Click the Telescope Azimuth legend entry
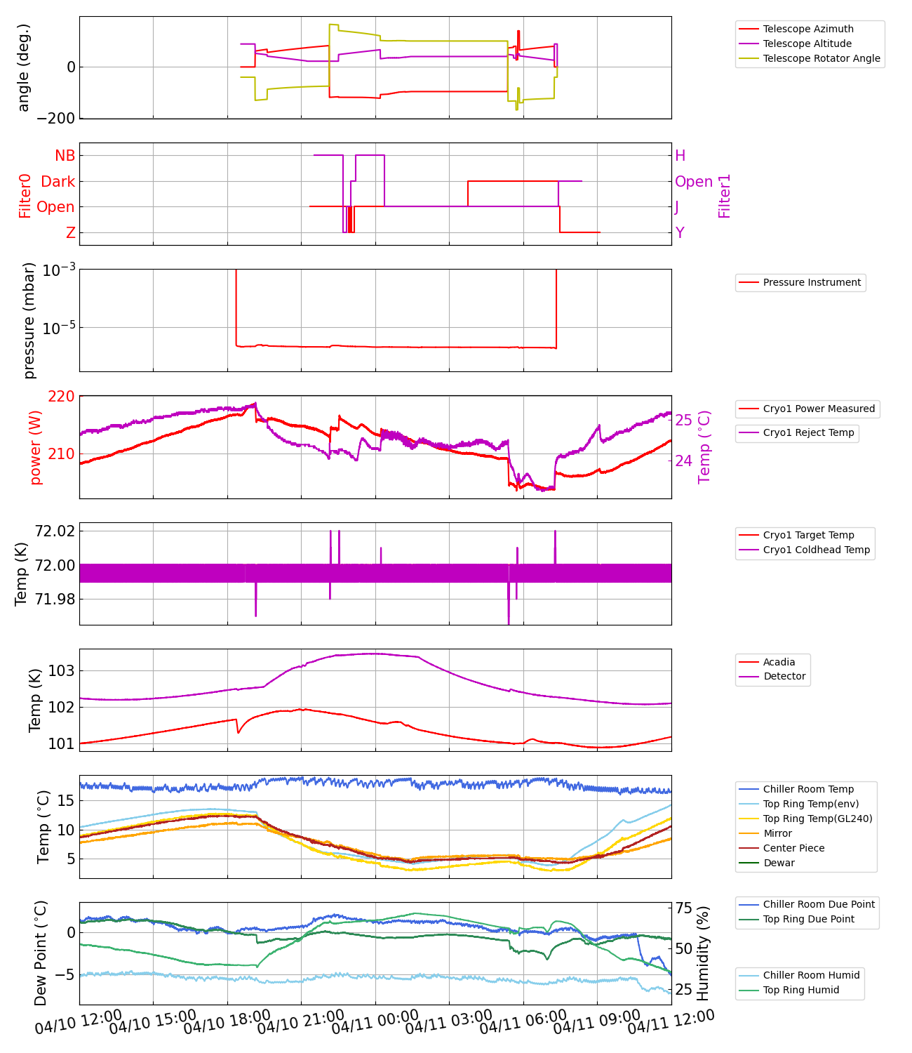pos(808,29)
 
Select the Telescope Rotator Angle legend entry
pos(821,58)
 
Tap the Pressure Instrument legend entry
pos(812,282)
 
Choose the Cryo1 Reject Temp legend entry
pos(808,432)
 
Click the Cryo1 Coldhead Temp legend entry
pos(816,550)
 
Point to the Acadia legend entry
pos(779,662)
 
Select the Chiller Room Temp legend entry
pos(807,789)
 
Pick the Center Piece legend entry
pos(793,848)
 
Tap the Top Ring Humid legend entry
pos(800,990)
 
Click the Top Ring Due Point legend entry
pos(808,919)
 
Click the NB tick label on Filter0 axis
pos(65,156)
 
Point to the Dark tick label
pos(58,182)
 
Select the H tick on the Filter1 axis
pos(680,156)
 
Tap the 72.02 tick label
pos(55,531)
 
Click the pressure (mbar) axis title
pos(29,320)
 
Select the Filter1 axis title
pos(725,196)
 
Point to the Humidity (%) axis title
pos(704,953)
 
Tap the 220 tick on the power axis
pos(61,397)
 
